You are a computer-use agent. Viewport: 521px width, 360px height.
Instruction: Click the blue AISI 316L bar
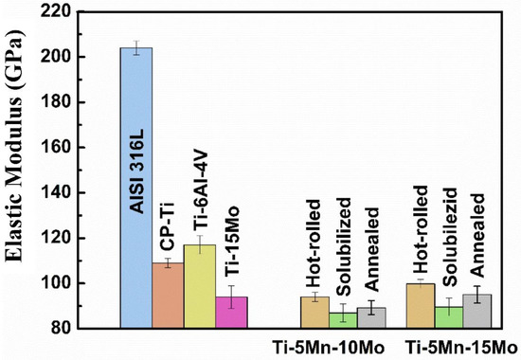tap(136, 189)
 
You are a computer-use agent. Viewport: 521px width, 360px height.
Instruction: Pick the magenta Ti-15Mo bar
tap(230, 313)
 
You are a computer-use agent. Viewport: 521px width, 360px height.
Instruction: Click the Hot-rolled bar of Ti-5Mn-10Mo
tap(314, 313)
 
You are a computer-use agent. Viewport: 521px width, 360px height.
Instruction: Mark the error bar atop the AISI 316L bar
tap(136, 48)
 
